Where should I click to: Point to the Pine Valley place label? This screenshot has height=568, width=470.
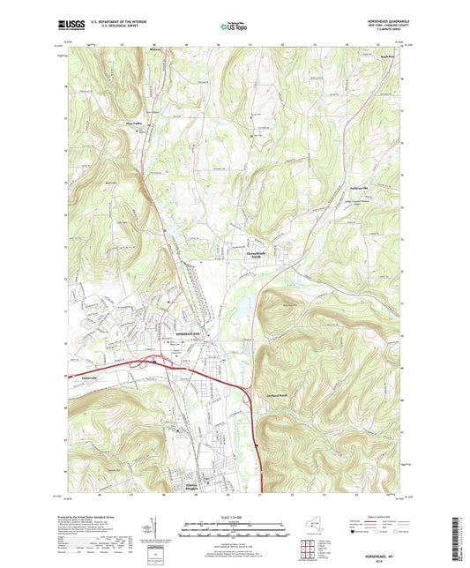click(x=133, y=123)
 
